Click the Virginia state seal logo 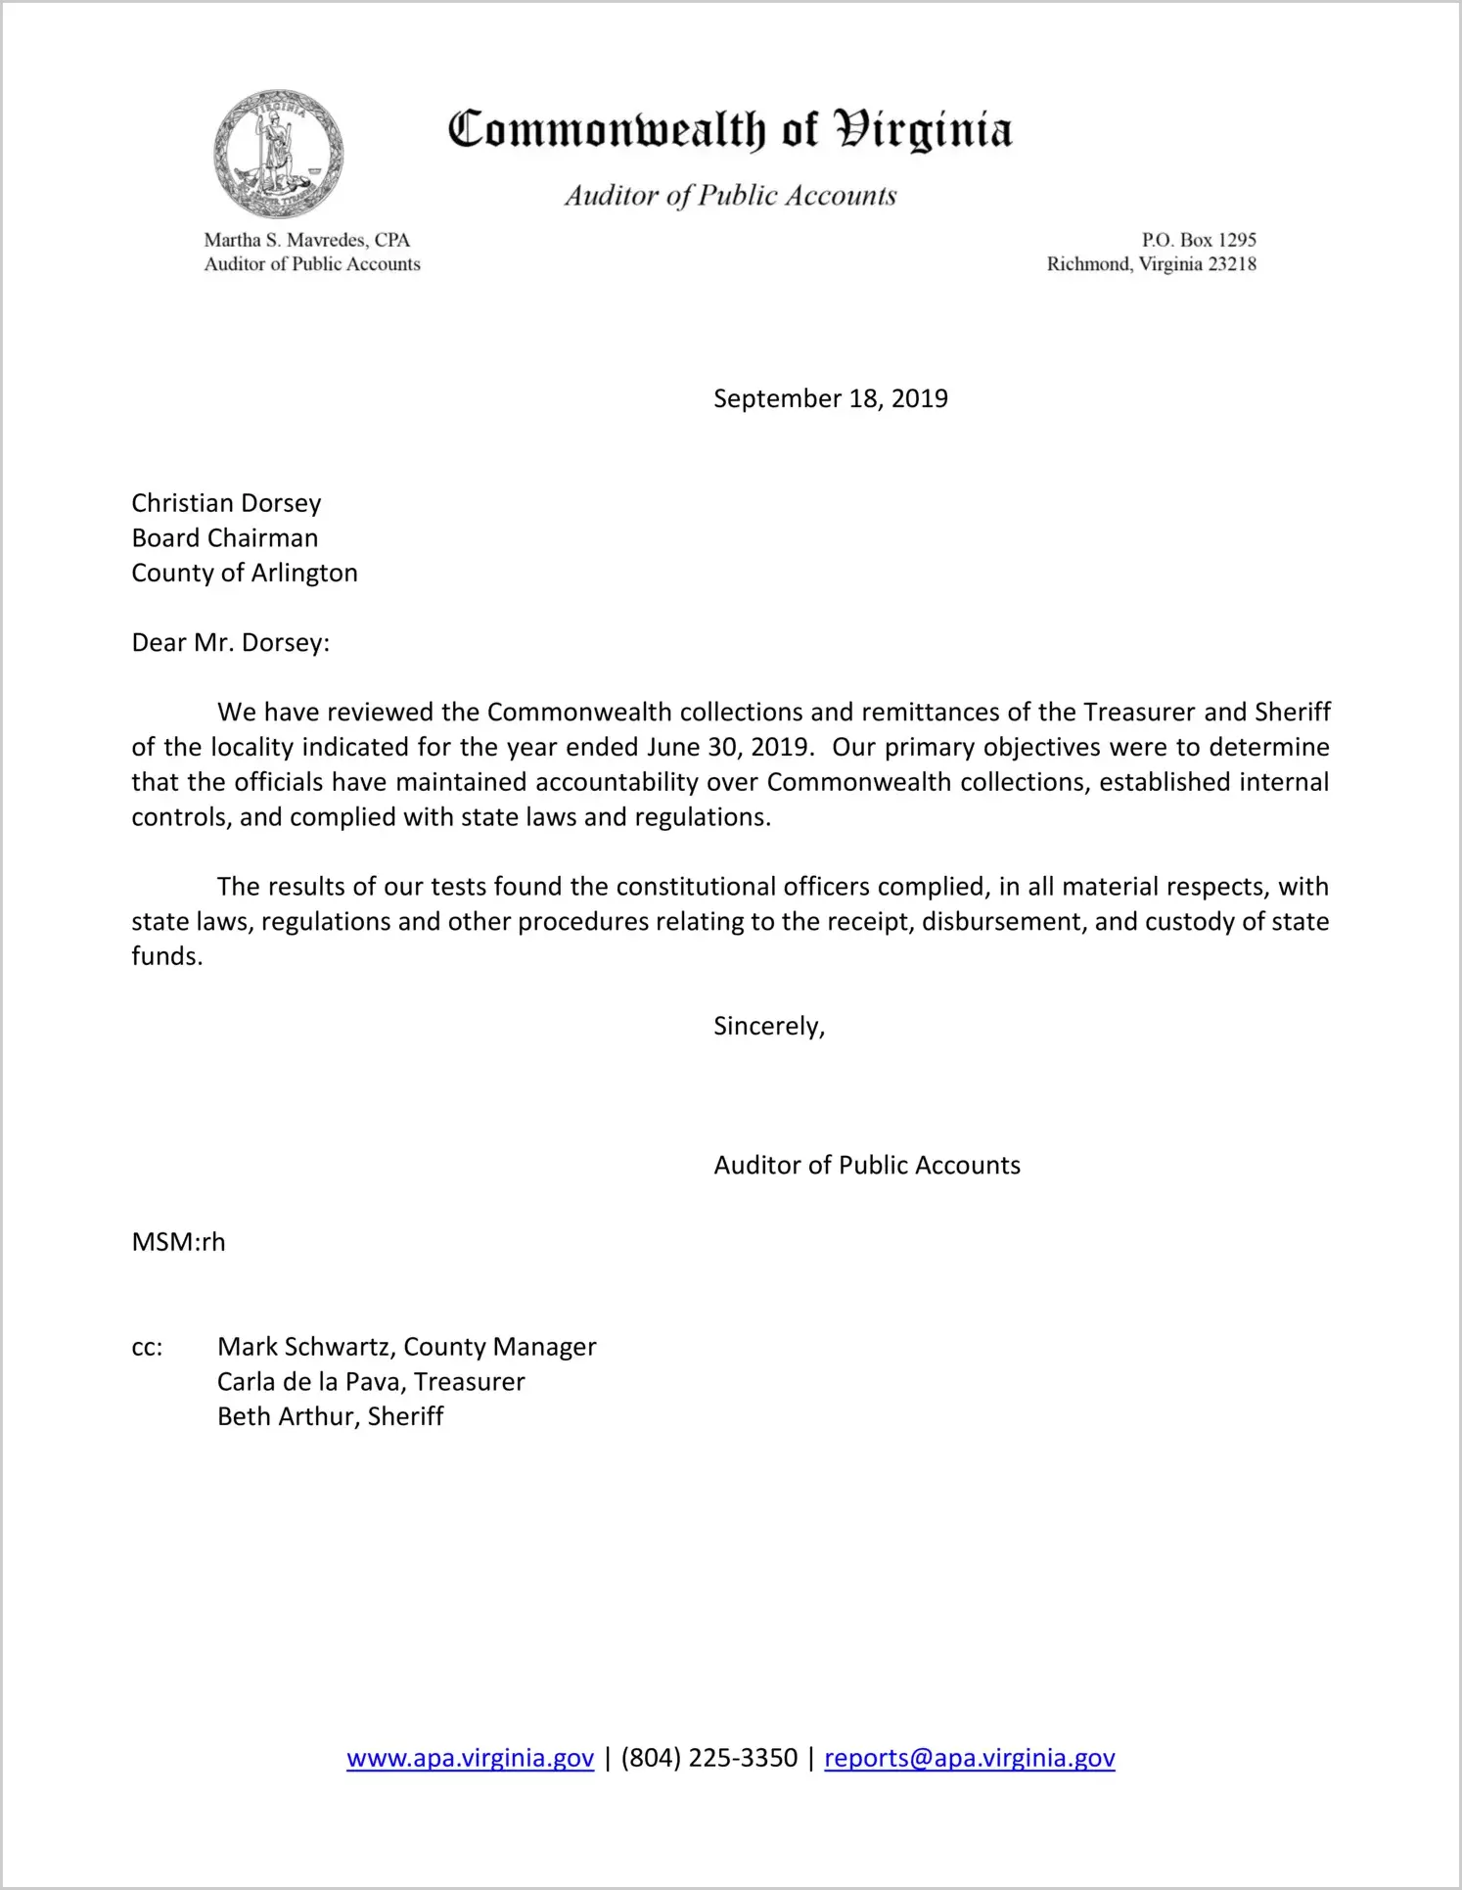coord(279,155)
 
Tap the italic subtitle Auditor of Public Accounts coord(730,196)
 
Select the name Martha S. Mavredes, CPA coord(306,240)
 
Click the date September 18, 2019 coord(830,398)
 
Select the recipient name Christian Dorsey coord(226,503)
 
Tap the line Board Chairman coord(224,538)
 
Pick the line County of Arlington coord(245,574)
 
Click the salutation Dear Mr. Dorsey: coord(230,643)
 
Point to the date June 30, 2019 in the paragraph coord(728,748)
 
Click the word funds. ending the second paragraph coord(166,957)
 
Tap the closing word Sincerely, coord(769,1027)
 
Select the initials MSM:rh coord(178,1243)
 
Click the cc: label coord(147,1348)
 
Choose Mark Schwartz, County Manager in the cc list coord(406,1348)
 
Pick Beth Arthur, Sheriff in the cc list coord(330,1417)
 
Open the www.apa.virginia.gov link coord(470,1759)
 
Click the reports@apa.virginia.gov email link coord(969,1759)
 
